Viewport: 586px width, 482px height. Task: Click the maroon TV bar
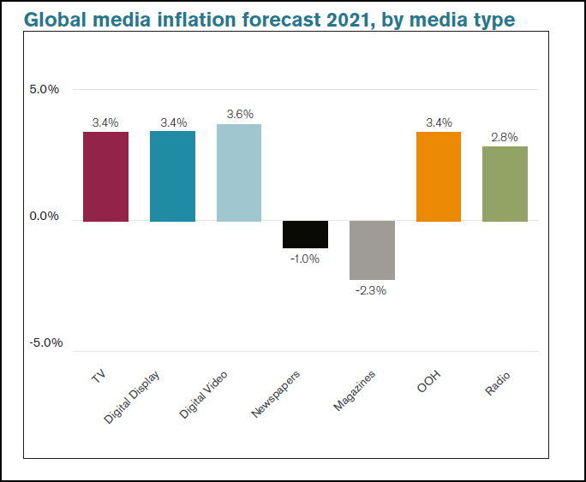[x=105, y=176]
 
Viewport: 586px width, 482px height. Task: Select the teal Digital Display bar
[x=172, y=176]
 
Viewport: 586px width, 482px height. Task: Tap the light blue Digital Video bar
[x=239, y=173]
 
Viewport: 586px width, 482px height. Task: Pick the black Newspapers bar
[x=306, y=235]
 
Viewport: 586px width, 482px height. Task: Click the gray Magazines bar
[x=372, y=250]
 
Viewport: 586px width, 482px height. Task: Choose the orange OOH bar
[x=439, y=176]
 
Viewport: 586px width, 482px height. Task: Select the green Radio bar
[x=505, y=184]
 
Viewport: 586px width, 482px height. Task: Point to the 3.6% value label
[x=240, y=114]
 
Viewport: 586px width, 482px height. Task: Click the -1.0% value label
[x=305, y=259]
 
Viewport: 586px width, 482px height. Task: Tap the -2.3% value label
[x=372, y=290]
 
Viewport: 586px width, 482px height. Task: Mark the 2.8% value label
[x=505, y=136]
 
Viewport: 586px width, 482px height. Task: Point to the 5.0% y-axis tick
[x=44, y=89]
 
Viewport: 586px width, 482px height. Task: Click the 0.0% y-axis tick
[x=44, y=216]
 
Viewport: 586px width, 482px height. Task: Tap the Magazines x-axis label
[x=354, y=391]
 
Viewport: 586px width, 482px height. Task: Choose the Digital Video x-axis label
[x=202, y=395]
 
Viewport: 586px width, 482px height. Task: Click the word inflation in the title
[x=211, y=18]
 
